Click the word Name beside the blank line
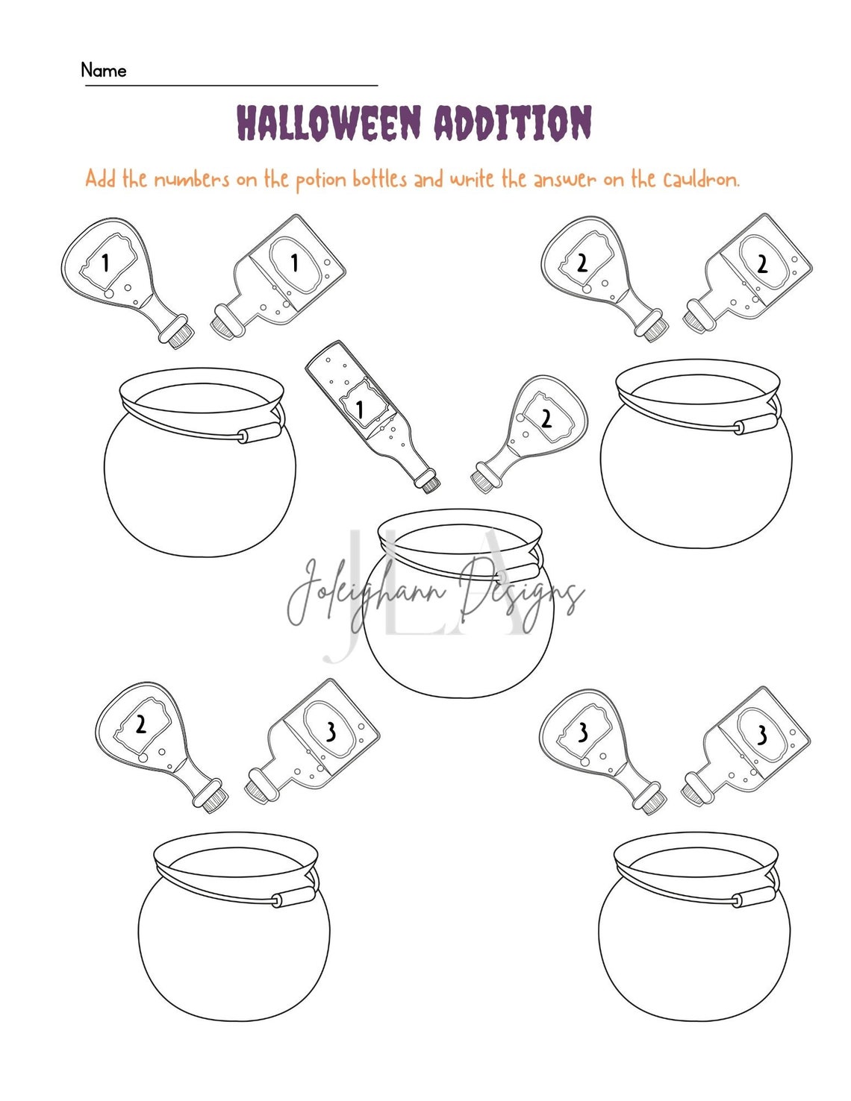(104, 70)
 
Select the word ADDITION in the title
(513, 123)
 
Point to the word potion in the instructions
(321, 181)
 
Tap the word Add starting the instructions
(100, 179)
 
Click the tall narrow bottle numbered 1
(370, 414)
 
